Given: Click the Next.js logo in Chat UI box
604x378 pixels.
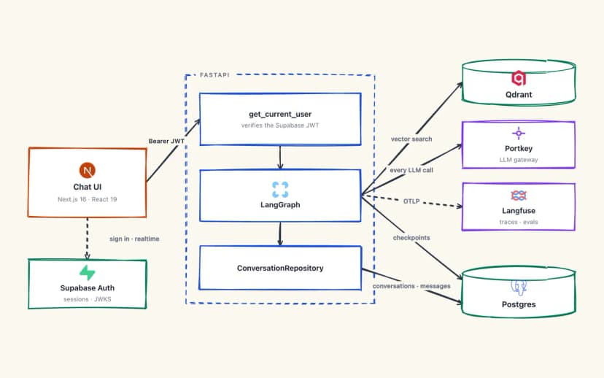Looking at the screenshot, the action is (88, 170).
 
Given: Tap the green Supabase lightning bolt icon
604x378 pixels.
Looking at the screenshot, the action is (88, 272).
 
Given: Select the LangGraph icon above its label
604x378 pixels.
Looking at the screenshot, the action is (280, 190).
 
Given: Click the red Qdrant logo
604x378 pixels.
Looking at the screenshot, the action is (519, 78).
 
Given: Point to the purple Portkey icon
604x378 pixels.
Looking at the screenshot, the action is (519, 134).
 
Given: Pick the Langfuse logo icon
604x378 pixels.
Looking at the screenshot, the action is (519, 196).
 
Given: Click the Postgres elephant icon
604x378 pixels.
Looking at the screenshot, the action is (519, 287).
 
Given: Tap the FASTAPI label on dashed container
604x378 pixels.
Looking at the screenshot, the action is (214, 74).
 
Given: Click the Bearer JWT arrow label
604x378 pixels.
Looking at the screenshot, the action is (166, 141).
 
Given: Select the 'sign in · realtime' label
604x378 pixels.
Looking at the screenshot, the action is (134, 239).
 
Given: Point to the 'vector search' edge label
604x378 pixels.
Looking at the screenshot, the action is (411, 139).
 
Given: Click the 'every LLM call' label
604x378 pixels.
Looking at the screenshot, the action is (411, 170).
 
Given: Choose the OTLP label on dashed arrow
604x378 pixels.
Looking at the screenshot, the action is (411, 201).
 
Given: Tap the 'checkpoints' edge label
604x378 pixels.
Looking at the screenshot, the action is (411, 238).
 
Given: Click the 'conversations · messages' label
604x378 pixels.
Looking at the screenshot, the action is (411, 286).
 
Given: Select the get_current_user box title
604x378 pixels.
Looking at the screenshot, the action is (280, 114).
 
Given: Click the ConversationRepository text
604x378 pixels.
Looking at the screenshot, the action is (280, 269).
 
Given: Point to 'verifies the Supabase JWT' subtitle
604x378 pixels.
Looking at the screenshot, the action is (280, 126).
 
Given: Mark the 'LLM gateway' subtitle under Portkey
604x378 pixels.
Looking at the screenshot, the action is (519, 160).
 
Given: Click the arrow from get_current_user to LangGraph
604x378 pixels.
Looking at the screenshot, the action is (280, 157).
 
